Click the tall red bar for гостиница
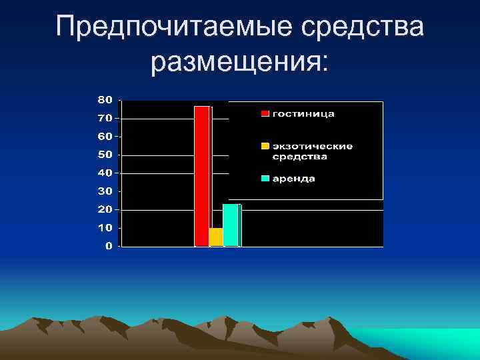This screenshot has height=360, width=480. [202, 176]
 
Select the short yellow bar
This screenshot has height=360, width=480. [215, 237]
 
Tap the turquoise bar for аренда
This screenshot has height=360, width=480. [231, 225]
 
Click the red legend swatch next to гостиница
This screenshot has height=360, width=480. [265, 114]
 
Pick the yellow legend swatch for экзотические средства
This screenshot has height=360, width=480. [265, 146]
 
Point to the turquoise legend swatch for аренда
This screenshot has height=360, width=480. [265, 179]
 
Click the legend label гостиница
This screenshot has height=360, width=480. [303, 114]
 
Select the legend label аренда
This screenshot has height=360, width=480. [293, 179]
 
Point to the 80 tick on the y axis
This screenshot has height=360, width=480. [105, 99]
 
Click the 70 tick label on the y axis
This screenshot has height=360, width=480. [105, 118]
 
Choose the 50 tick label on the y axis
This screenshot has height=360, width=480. [105, 155]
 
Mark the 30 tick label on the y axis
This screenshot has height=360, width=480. [105, 191]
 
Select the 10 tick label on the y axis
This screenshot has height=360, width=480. [105, 228]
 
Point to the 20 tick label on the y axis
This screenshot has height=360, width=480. [105, 209]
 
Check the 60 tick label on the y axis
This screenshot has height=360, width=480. [105, 136]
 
